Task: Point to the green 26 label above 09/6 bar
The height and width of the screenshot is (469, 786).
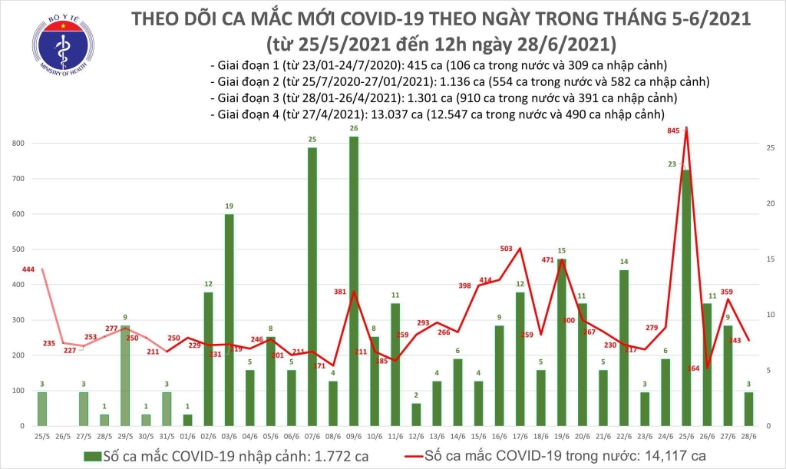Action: pos(353,128)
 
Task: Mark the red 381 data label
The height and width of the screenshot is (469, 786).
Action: pos(340,292)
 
